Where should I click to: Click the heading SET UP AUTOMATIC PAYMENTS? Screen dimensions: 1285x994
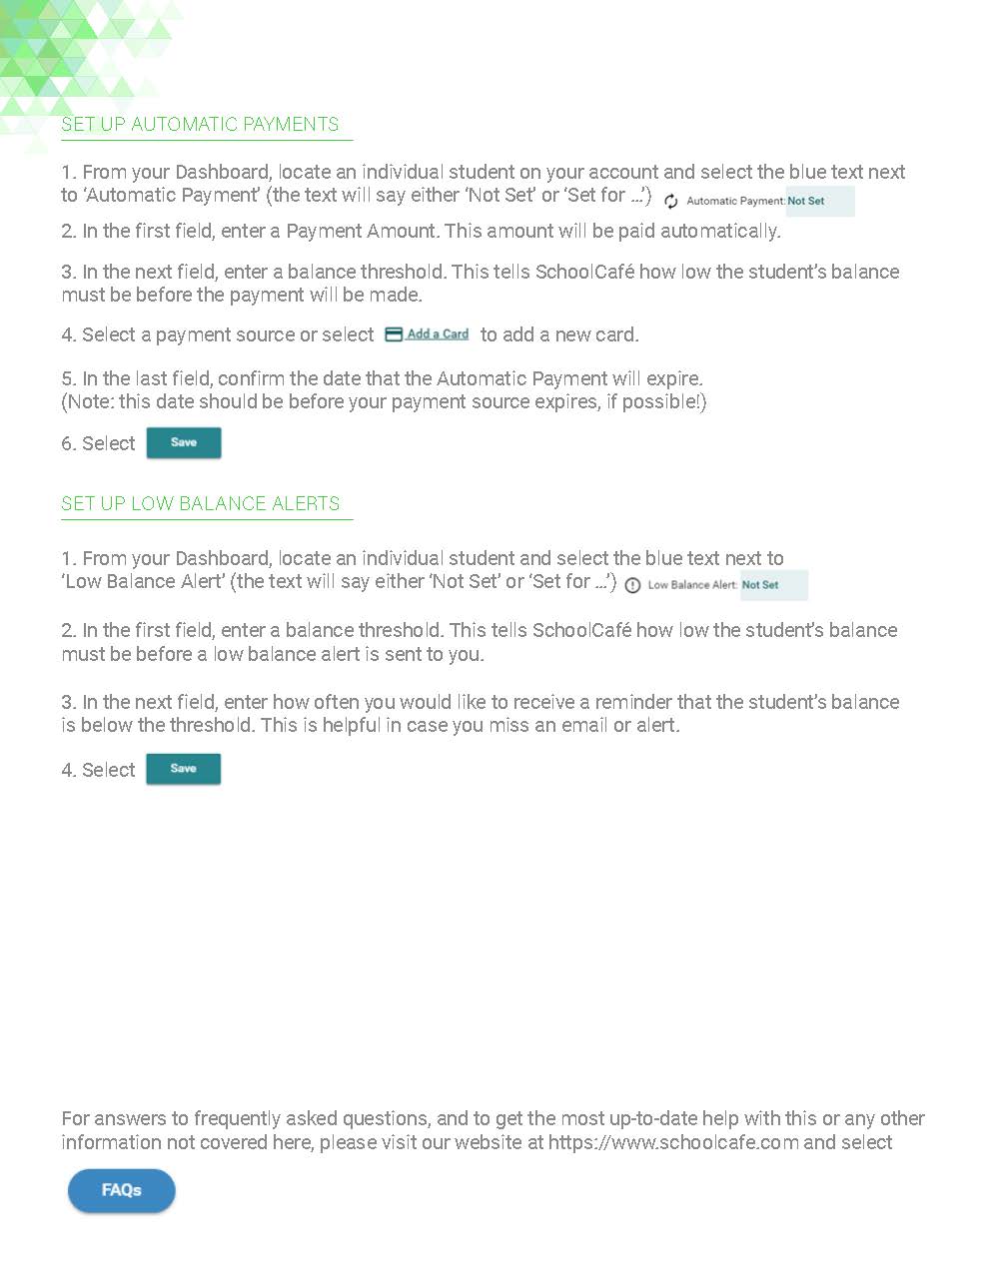click(x=200, y=125)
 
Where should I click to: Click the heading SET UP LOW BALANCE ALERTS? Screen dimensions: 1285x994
click(x=200, y=504)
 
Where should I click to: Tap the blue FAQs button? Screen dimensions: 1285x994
click(x=122, y=1190)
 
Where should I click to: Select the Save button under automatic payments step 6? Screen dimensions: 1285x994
click(x=184, y=442)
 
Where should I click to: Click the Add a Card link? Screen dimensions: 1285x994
click(x=438, y=334)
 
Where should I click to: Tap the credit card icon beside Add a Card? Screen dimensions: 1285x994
click(x=394, y=334)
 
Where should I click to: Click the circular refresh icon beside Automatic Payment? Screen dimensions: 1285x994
click(x=671, y=202)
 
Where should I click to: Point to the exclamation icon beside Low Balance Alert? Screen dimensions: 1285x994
click(x=632, y=586)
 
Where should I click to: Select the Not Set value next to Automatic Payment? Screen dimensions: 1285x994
click(x=806, y=202)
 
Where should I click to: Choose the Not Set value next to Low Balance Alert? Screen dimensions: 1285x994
click(x=760, y=585)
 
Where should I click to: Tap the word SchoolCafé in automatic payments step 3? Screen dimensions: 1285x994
click(x=584, y=272)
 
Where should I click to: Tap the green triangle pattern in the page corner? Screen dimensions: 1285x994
click(x=60, y=50)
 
